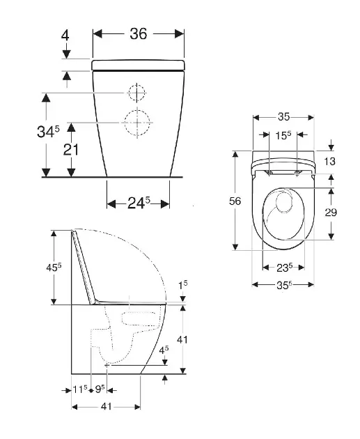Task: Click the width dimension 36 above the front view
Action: point(138,34)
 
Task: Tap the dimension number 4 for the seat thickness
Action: point(65,36)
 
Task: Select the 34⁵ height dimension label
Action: point(48,131)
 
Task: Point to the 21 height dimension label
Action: point(71,150)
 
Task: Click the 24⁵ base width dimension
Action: point(139,203)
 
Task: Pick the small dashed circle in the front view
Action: point(137,93)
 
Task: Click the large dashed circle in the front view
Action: point(137,123)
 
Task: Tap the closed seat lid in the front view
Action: point(138,65)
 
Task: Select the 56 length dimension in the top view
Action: point(235,201)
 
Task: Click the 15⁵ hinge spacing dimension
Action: point(283,135)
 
